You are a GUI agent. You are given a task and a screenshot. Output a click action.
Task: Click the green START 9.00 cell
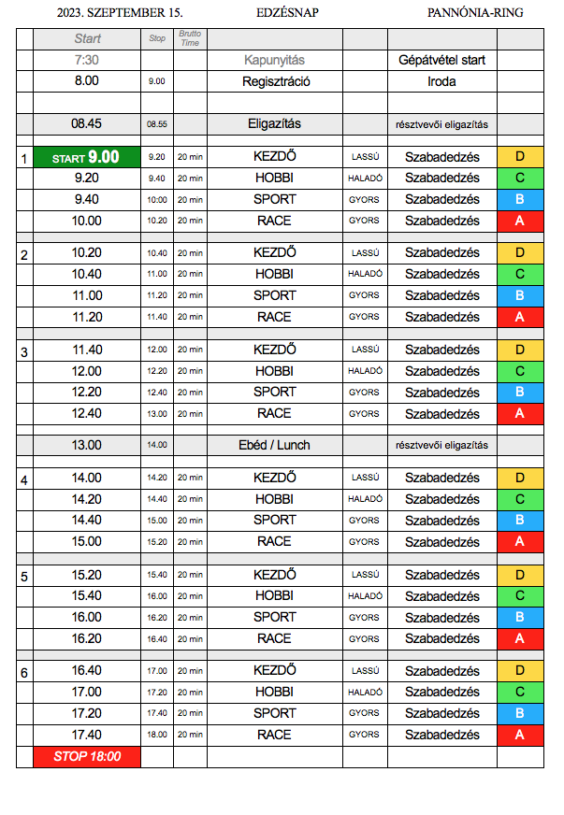86,157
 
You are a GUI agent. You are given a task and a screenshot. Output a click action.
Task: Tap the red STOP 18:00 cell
86,756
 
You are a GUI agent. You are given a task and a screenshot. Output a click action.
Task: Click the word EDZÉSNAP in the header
287,13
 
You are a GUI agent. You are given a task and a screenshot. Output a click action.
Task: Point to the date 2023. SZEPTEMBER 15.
120,13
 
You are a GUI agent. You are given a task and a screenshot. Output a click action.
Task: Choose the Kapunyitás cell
274,60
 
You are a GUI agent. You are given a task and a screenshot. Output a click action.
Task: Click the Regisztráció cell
274,81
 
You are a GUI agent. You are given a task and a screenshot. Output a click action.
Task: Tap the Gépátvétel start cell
441,60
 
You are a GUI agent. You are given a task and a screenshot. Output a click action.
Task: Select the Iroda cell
441,81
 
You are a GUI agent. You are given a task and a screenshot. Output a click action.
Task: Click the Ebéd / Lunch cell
274,445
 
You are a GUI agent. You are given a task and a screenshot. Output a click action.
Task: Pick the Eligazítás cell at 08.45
274,123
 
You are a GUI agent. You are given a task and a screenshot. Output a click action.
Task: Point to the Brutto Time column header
190,39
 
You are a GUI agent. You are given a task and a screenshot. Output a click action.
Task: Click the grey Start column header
86,39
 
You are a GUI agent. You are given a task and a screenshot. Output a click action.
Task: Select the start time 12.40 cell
86,413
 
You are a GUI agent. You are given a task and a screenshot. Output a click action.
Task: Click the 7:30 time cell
86,60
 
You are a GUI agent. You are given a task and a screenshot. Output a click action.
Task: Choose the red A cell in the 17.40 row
520,735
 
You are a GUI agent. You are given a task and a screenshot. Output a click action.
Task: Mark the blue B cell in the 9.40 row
520,199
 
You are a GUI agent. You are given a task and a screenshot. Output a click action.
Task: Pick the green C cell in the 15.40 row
520,595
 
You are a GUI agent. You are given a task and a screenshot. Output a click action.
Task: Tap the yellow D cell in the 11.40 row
520,350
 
